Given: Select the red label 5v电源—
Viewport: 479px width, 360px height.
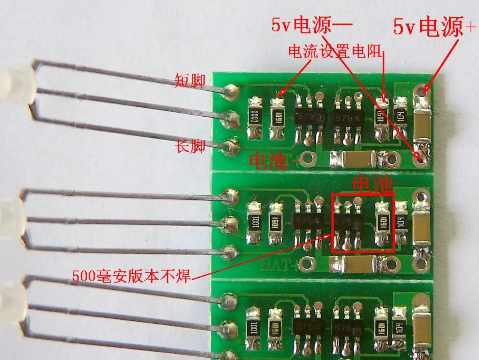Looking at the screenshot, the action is tap(312, 26).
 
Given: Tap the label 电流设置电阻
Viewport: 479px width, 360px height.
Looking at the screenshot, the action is tap(335, 51).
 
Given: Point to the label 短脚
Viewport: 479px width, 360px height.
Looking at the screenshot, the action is tap(190, 81).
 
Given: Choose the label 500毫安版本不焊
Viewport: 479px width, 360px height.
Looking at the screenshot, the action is tap(132, 275).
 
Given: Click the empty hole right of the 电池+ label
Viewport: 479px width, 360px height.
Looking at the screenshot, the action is tap(308, 159).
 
